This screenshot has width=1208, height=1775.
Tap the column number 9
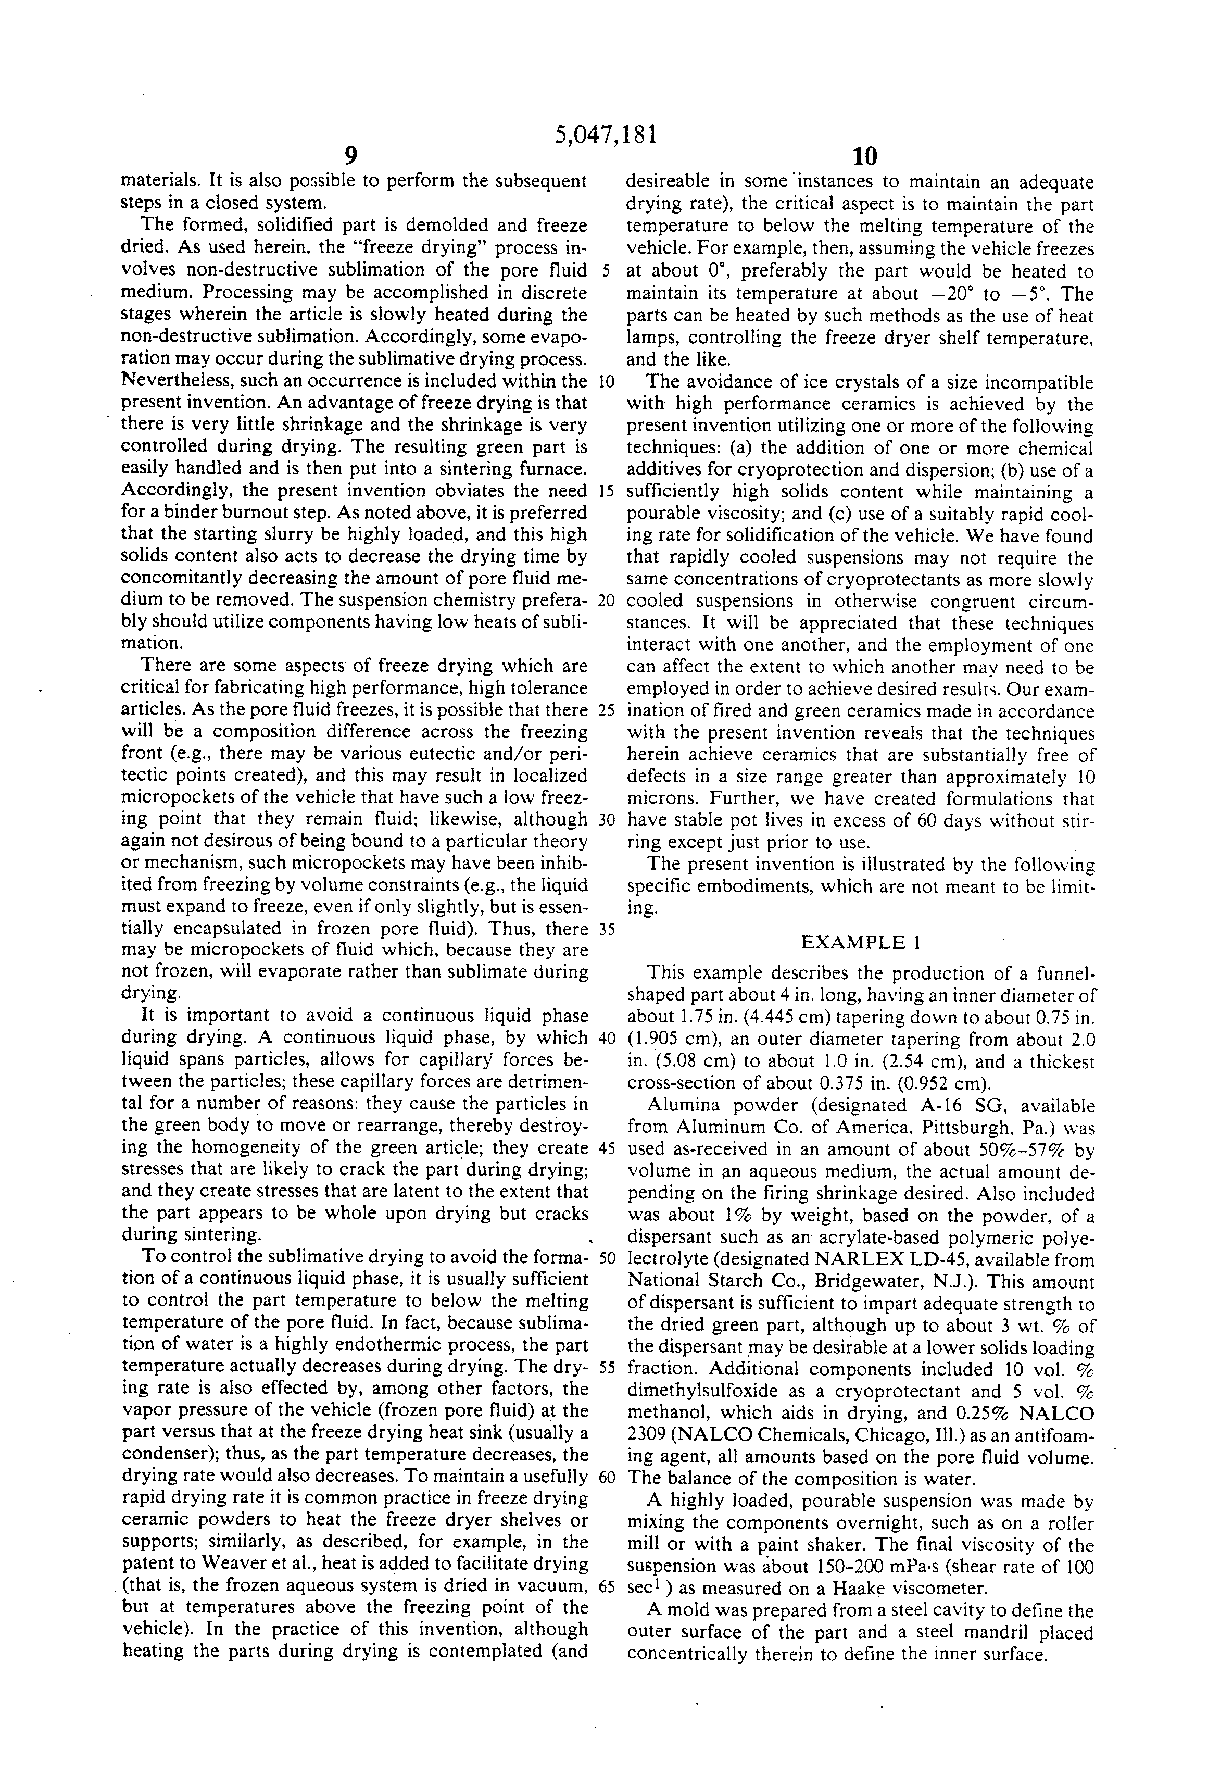coord(350,157)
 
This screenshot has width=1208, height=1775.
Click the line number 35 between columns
coord(607,930)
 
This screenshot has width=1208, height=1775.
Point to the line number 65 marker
coord(607,1585)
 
